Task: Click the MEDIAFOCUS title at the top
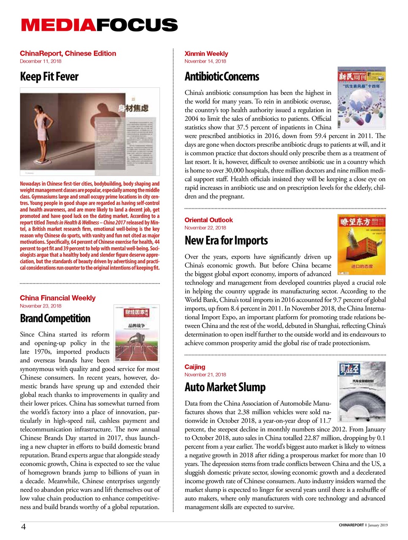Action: [99, 25]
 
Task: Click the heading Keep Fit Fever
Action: [49, 77]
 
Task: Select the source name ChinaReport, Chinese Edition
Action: [68, 54]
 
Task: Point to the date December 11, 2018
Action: [41, 61]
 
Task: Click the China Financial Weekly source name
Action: [57, 298]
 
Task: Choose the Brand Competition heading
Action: [55, 319]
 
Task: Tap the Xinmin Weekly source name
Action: [206, 54]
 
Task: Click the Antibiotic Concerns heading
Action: [222, 77]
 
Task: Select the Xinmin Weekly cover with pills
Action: [362, 97]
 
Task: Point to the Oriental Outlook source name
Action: [209, 220]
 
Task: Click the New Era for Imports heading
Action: [226, 240]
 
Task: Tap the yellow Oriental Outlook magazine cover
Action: [362, 245]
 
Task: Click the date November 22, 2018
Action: [205, 227]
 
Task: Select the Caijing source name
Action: [195, 367]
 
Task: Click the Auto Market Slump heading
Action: [225, 387]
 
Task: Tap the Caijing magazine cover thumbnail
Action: [362, 391]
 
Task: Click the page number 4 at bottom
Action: [24, 526]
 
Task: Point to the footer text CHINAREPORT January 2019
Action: [363, 525]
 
